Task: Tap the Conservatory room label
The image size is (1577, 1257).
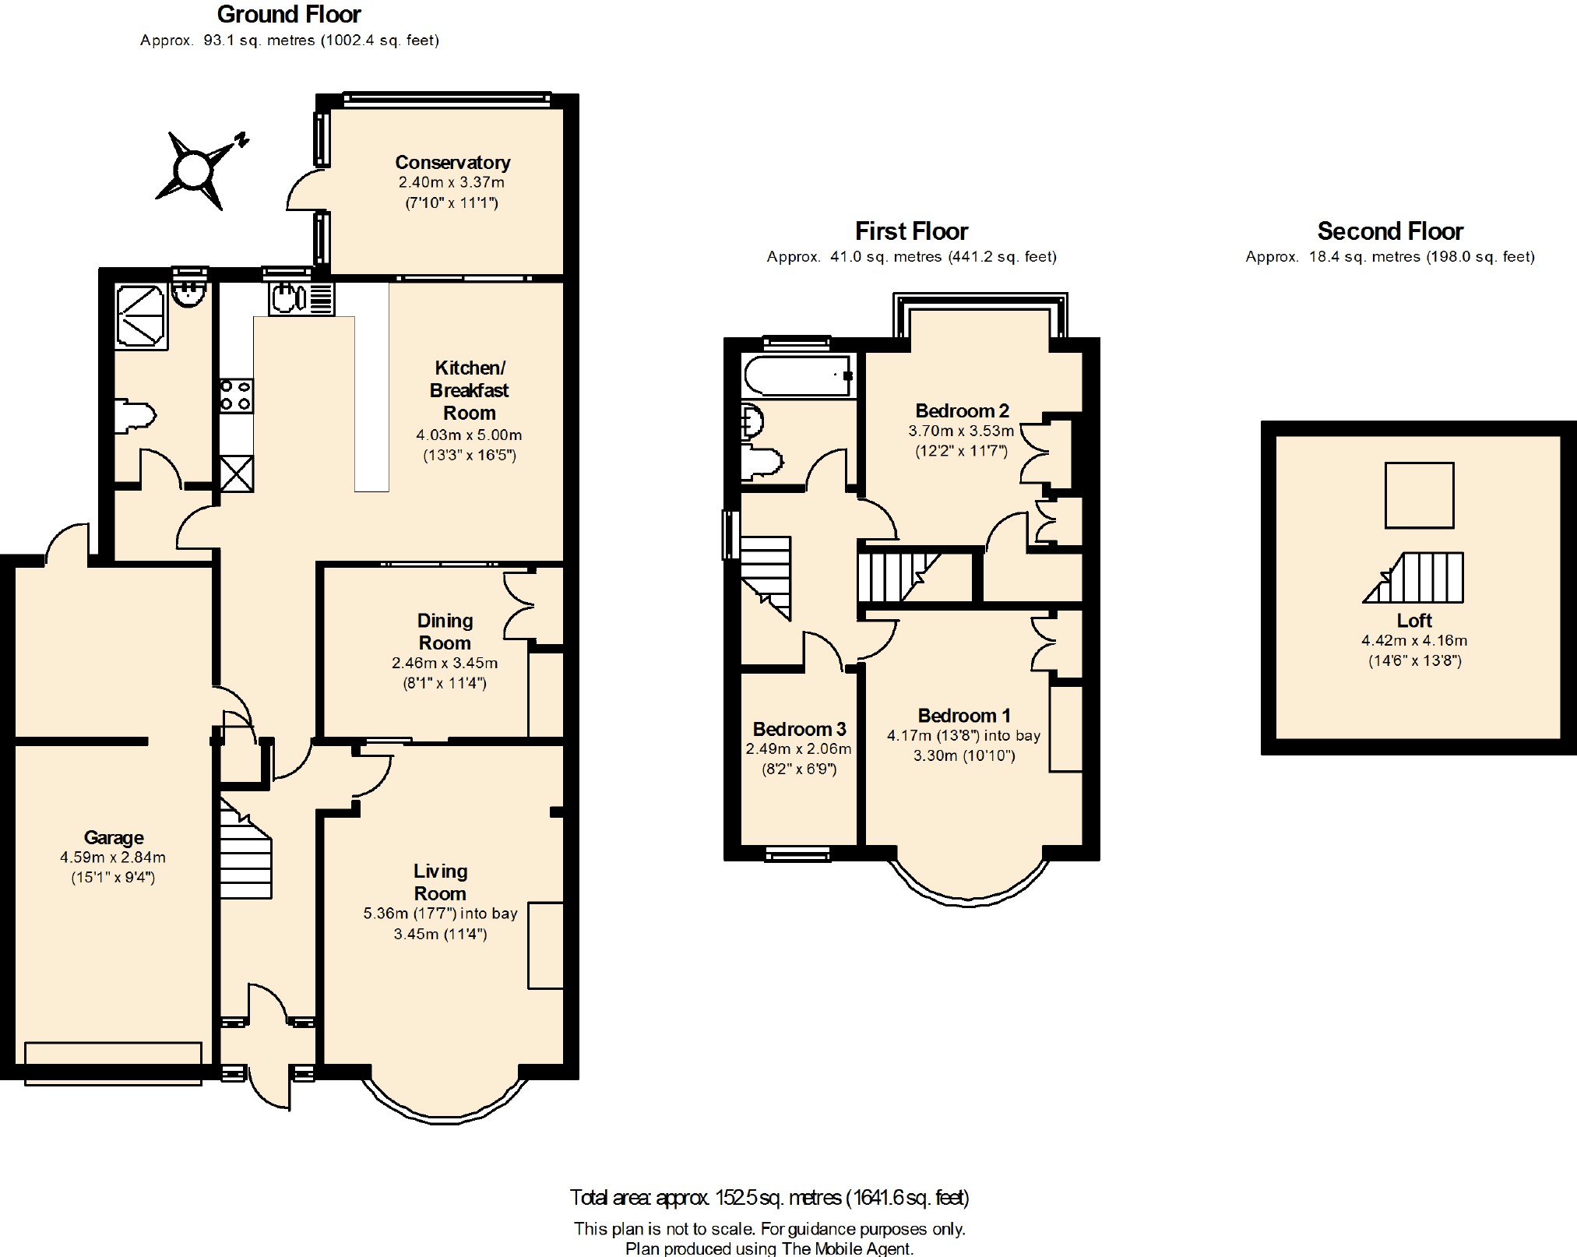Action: [452, 162]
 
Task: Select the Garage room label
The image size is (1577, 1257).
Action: [114, 837]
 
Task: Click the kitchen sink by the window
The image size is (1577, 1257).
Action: [302, 298]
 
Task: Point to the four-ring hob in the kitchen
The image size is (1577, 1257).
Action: [236, 396]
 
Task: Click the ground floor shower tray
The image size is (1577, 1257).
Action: [141, 315]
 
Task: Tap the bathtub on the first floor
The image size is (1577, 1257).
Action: [799, 376]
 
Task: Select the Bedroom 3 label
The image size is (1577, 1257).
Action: [799, 729]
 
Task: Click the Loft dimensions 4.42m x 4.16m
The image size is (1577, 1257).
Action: [1414, 641]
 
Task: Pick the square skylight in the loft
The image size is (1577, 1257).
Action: [1420, 495]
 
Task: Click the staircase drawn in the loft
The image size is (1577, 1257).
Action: [1413, 577]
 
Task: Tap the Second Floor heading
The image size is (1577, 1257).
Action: [1390, 231]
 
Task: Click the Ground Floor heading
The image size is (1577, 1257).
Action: [289, 14]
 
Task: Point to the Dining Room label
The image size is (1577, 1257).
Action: [445, 632]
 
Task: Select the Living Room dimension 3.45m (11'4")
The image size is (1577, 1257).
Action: [440, 934]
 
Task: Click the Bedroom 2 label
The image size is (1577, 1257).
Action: [962, 410]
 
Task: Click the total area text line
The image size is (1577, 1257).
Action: [769, 1197]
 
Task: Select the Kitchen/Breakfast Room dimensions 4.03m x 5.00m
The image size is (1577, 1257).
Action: [469, 435]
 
